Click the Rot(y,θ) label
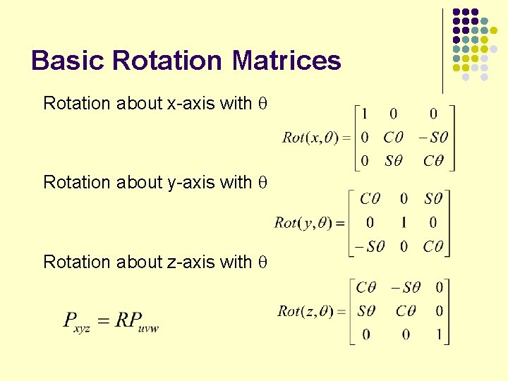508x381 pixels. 305,223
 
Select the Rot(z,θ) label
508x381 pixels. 306,311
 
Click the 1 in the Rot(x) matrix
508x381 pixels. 364,114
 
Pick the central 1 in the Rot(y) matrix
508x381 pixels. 404,223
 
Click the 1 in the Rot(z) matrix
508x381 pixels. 439,334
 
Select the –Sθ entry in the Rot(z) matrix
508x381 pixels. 406,287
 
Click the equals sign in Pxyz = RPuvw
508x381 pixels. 104,321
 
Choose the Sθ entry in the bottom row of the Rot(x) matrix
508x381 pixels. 394,161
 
